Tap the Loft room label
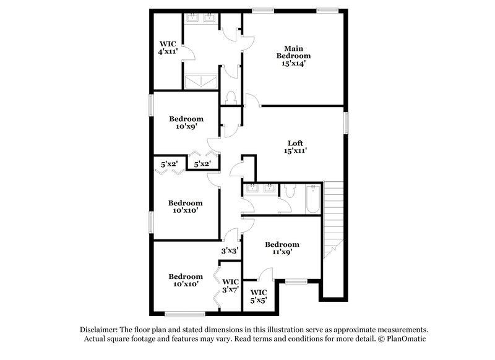coord(295,147)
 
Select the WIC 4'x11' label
coord(168,48)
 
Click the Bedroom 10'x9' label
coord(186,123)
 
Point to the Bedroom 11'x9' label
coord(282,248)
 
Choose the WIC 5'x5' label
coord(259,296)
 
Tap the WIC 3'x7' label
coord(230,286)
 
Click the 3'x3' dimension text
coord(230,251)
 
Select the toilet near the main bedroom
coord(231,98)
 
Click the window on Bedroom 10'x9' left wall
coord(151,105)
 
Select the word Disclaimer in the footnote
coord(100,330)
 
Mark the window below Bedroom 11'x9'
coord(296,281)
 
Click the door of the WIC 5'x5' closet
coord(266,274)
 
